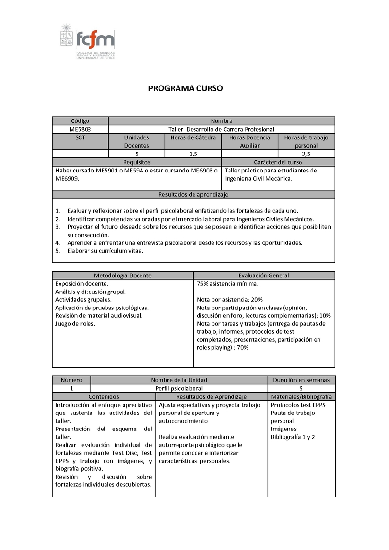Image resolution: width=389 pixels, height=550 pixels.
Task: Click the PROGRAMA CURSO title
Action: tap(185, 89)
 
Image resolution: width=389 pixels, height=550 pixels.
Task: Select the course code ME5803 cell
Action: tap(80, 129)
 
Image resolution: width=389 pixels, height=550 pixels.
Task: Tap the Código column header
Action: tap(80, 121)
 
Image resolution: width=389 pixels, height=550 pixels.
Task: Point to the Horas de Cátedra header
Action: tap(193, 137)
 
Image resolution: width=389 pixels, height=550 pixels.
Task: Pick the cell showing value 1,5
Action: tap(193, 154)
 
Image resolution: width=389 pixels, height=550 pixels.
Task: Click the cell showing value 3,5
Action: tap(306, 154)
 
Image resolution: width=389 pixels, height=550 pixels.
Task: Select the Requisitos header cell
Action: tap(137, 162)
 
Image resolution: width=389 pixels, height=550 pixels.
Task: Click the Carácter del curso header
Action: tap(278, 162)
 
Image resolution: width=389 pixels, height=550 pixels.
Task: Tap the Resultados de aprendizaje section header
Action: tap(193, 194)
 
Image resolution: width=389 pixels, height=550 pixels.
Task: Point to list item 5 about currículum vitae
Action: tap(105, 251)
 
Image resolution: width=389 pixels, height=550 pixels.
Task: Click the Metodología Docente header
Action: tap(123, 275)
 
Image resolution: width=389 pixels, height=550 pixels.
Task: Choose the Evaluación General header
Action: tap(264, 275)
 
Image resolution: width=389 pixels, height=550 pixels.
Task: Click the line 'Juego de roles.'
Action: tap(75, 324)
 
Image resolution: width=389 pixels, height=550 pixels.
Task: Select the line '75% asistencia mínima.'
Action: tap(228, 283)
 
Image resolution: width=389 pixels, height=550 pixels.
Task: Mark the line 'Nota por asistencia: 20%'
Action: tap(230, 299)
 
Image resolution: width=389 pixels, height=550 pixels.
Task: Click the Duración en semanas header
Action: tap(301, 380)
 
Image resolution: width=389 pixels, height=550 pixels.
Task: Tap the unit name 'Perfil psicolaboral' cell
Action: tap(179, 388)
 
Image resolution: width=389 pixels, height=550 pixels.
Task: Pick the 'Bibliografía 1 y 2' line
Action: tap(293, 437)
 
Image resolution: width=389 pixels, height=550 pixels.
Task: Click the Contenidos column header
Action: tap(104, 396)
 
